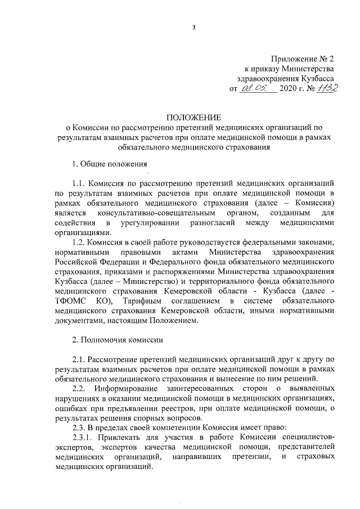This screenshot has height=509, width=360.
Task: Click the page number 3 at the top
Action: (x=192, y=28)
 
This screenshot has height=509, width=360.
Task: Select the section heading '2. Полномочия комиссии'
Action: (x=118, y=340)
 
